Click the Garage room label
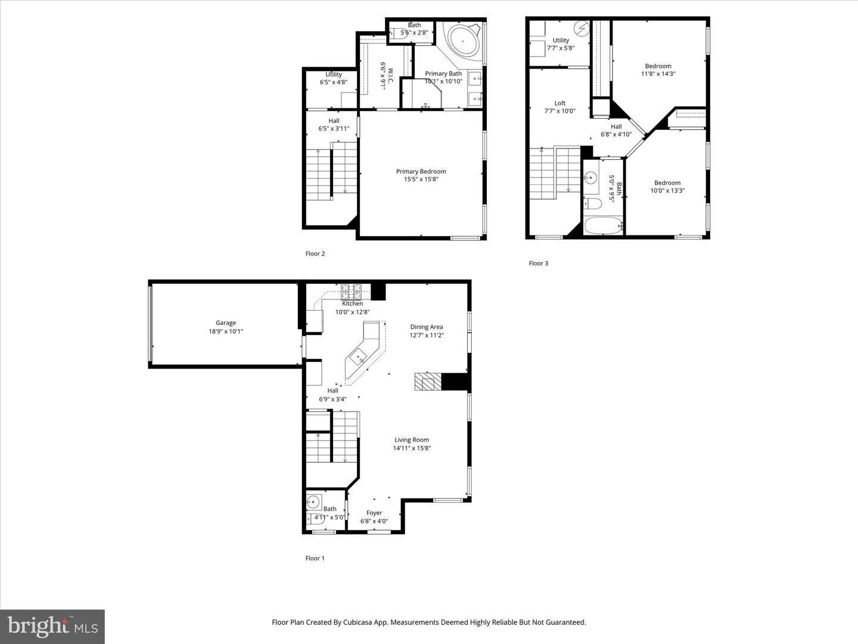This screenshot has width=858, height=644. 226,323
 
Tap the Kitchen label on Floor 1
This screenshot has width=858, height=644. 352,304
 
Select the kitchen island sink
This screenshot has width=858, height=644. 359,358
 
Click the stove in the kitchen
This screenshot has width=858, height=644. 351,292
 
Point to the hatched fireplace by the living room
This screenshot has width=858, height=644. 428,382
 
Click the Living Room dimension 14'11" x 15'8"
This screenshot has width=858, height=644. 412,448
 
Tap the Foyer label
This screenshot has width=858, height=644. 374,513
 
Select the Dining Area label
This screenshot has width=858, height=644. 427,327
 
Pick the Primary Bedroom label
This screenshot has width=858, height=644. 421,172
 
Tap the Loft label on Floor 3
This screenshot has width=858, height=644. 559,103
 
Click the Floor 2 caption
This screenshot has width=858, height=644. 315,253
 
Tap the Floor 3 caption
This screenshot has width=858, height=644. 539,263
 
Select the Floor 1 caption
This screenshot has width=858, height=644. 315,558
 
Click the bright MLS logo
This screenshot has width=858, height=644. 52,626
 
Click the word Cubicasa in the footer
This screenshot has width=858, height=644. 360,622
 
